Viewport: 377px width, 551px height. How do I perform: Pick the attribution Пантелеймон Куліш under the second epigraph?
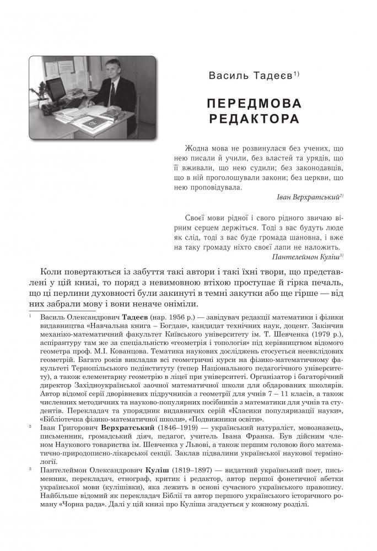pyautogui.click(x=300, y=256)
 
